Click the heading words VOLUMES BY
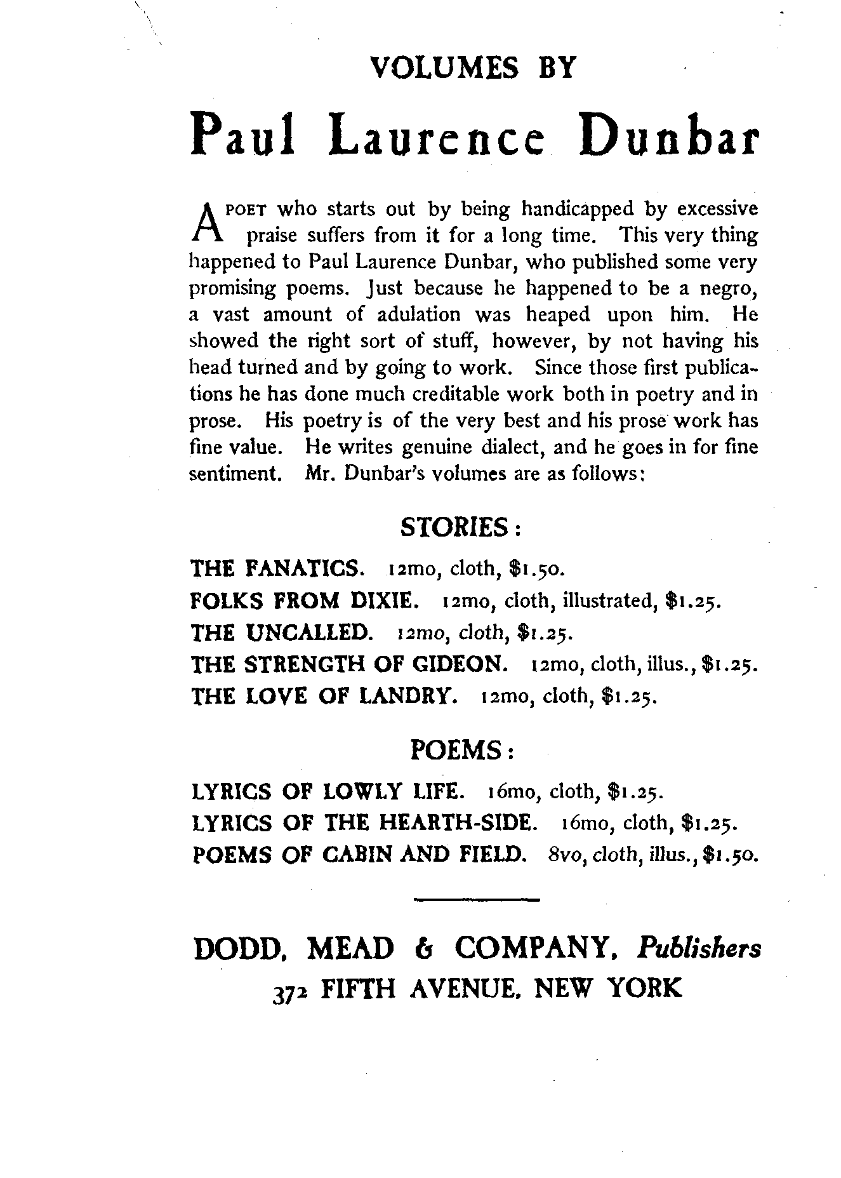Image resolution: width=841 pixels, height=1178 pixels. pyautogui.click(x=473, y=68)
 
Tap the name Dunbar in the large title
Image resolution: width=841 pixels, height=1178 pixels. pyautogui.click(x=669, y=135)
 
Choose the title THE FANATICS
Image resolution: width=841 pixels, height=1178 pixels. pyautogui.click(x=277, y=568)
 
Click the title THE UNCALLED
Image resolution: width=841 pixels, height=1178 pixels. pyautogui.click(x=281, y=632)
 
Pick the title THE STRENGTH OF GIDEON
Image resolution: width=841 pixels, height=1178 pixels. pyautogui.click(x=349, y=664)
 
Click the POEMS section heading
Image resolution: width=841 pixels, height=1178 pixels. pyautogui.click(x=462, y=751)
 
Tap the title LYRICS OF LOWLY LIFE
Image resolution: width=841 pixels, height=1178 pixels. pyautogui.click(x=328, y=792)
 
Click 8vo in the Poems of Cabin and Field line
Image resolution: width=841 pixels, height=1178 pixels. pyautogui.click(x=560, y=855)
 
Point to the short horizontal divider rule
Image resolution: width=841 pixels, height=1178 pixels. pyautogui.click(x=475, y=899)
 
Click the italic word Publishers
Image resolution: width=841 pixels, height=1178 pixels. pyautogui.click(x=699, y=949)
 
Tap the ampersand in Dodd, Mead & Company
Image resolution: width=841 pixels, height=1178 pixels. pyautogui.click(x=423, y=949)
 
